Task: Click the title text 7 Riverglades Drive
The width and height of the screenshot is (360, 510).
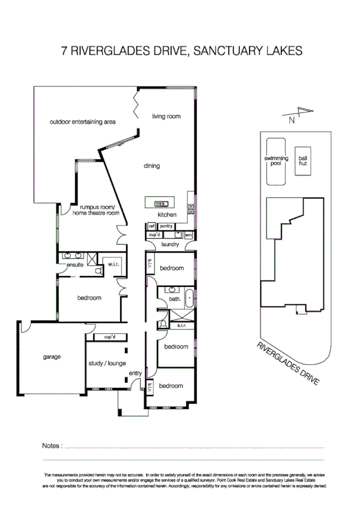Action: point(180,52)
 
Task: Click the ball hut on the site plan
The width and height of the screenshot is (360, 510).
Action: point(303,161)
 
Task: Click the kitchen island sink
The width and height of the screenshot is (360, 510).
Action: point(161,203)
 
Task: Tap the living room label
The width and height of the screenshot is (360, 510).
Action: point(166,116)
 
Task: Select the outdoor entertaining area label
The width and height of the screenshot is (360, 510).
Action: point(82,122)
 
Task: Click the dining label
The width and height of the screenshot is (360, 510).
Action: point(151,166)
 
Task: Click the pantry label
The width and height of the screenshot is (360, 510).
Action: point(166,226)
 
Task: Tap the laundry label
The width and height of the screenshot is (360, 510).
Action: point(170,245)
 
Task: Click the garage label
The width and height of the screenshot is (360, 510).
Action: point(52,356)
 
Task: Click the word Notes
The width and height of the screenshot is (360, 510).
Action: point(52,446)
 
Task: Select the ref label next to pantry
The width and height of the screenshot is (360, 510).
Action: point(151,226)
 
